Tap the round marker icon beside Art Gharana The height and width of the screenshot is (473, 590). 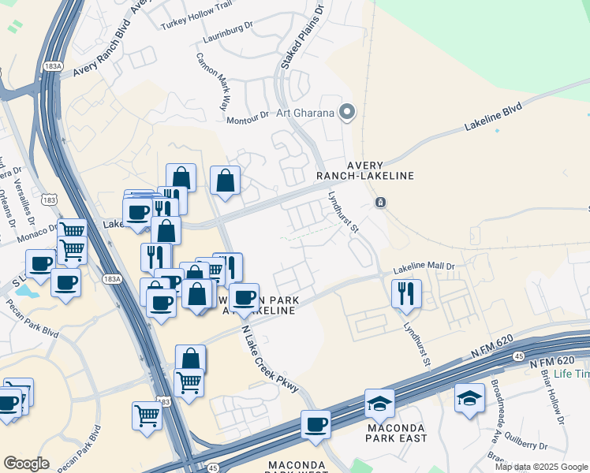pos(346,112)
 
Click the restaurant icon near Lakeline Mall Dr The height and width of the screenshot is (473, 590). pos(406,293)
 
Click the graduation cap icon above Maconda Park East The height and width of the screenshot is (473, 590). pos(379,403)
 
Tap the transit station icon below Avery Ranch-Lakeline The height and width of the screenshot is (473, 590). pos(380,203)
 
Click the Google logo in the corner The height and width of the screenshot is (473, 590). pos(26,464)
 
